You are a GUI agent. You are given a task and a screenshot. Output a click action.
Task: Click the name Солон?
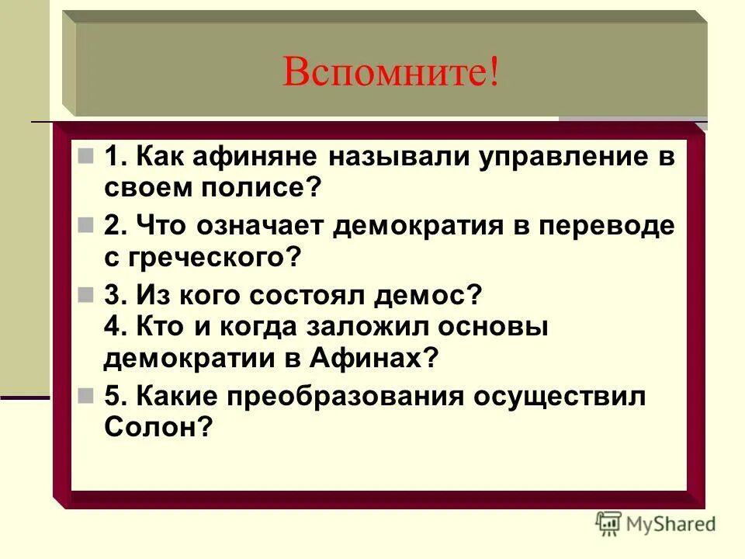pyautogui.click(x=158, y=426)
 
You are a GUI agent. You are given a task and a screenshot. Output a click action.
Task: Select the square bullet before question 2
pyautogui.click(x=85, y=225)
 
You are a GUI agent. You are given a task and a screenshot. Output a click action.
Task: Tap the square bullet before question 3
pyautogui.click(x=85, y=294)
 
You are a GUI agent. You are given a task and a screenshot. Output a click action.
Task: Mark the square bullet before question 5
pyautogui.click(x=85, y=394)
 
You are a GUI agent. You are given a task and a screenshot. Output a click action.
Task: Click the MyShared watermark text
pyautogui.click(x=670, y=524)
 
